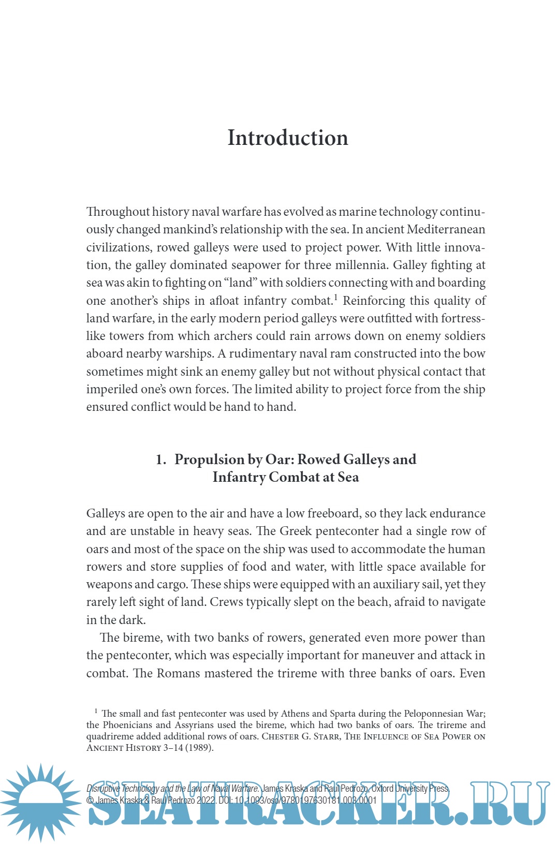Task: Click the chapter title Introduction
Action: tap(288, 138)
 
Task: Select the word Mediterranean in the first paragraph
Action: tap(446, 230)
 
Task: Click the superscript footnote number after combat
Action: tap(335, 297)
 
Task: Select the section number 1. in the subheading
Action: tap(161, 460)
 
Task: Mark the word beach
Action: tap(371, 602)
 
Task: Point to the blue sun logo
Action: tap(40, 802)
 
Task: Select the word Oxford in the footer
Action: tap(383, 789)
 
